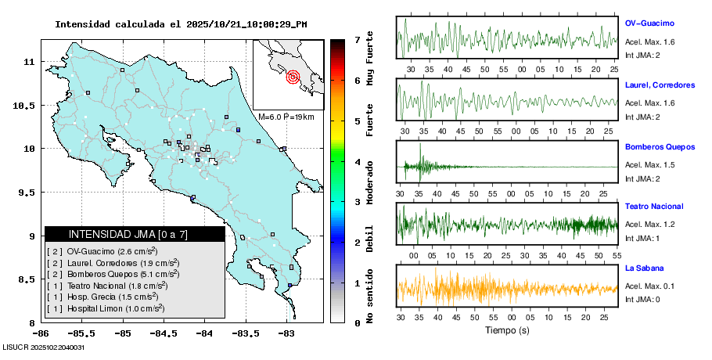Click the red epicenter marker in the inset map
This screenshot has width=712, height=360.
293,77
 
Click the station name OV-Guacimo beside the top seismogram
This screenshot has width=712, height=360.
649,23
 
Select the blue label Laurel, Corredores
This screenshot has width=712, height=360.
660,85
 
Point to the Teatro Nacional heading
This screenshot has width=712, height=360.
654,207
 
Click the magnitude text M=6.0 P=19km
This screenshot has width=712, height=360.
286,117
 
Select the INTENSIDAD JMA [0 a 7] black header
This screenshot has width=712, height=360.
128,234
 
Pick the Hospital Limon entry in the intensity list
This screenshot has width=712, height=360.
106,308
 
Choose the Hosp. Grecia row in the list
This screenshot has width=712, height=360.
103,297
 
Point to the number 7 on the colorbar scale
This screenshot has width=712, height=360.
357,39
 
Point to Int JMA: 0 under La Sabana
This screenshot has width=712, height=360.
642,299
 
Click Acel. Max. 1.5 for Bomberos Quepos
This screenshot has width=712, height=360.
649,165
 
